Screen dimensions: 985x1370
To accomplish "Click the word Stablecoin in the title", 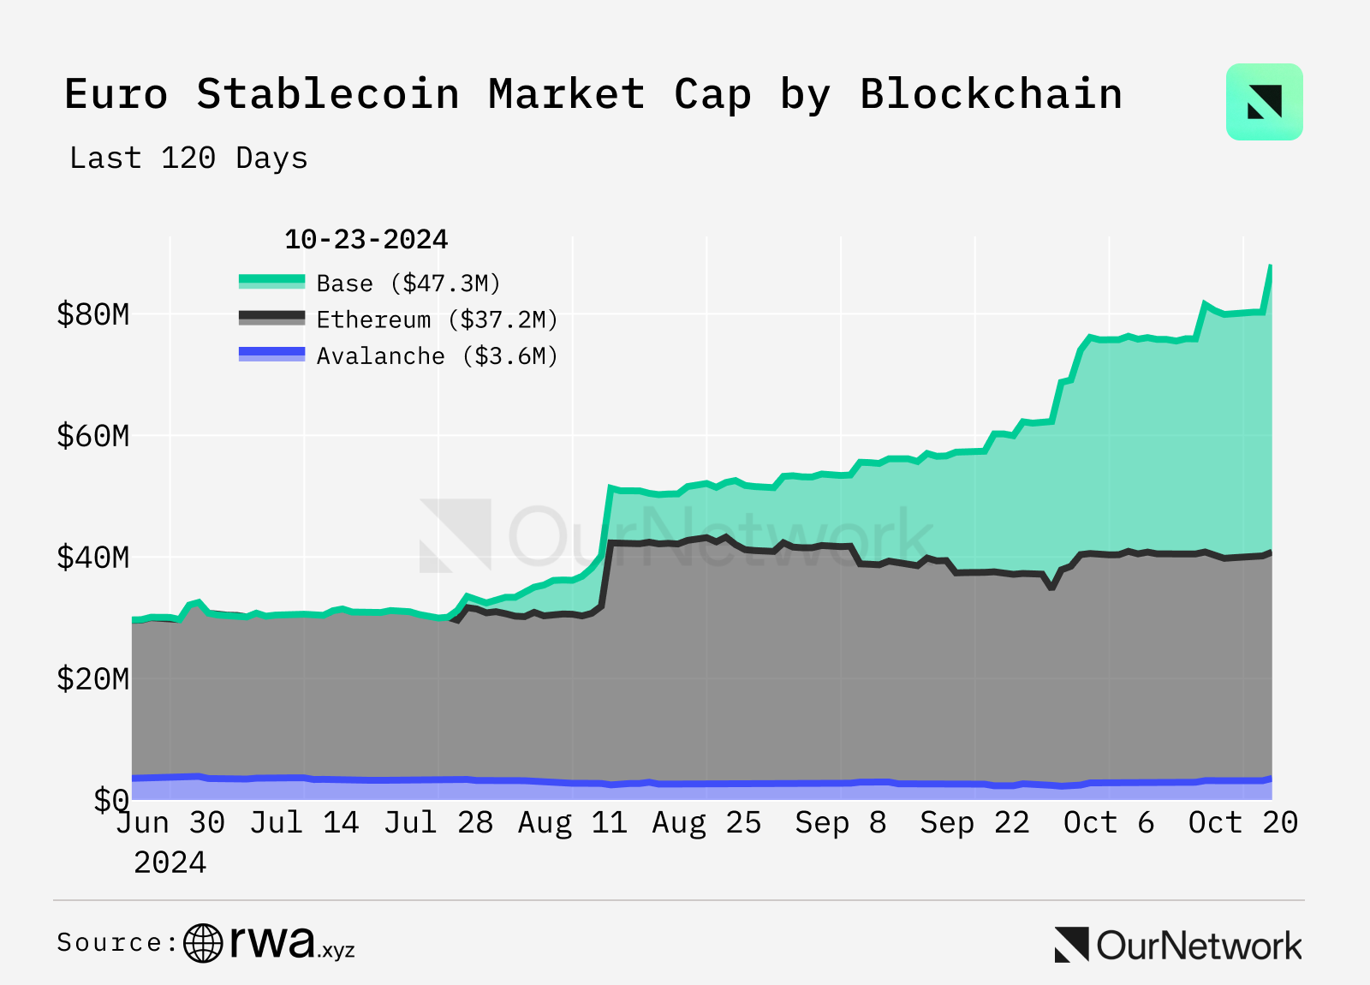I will click(x=327, y=93).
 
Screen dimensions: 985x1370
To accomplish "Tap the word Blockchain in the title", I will click(x=991, y=93).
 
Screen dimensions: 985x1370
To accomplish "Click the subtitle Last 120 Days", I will click(x=188, y=158).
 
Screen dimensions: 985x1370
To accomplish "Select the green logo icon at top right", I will click(x=1264, y=102).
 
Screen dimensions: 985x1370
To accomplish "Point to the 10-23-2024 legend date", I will click(x=366, y=239).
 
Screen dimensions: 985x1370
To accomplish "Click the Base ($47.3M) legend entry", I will click(x=408, y=283).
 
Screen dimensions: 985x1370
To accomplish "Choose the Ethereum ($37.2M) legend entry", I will click(x=437, y=319).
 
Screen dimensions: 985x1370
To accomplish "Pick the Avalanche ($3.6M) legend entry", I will click(x=437, y=355).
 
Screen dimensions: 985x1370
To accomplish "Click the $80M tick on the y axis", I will click(x=92, y=314).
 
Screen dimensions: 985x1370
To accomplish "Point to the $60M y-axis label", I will click(x=92, y=436).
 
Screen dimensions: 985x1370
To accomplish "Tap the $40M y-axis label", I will click(x=92, y=558).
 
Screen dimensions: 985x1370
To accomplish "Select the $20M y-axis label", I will click(x=92, y=679).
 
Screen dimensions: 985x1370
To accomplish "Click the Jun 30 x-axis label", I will click(x=170, y=822).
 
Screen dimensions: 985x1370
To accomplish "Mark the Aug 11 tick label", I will click(x=572, y=822).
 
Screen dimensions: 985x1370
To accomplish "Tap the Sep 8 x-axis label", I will click(x=840, y=822).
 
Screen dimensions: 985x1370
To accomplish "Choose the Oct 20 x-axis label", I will click(x=1242, y=822).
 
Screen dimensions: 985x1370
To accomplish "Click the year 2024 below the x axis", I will click(x=170, y=862).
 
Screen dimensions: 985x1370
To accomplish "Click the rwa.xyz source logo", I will click(x=270, y=943).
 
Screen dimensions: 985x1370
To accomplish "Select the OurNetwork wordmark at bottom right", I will click(x=1179, y=946).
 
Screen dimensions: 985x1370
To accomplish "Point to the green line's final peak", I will click(x=1270, y=267).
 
